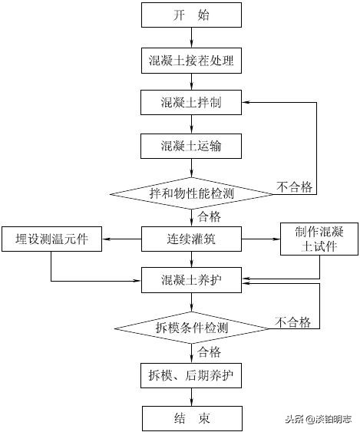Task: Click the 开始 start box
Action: tap(191, 15)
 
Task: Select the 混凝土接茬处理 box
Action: tap(191, 59)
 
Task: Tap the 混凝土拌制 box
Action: tap(191, 102)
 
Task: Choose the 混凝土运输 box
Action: tap(191, 145)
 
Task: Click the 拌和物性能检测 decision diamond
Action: tap(191, 192)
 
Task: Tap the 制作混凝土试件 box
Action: tap(319, 239)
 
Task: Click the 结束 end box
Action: tap(191, 419)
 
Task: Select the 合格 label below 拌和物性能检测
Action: tap(210, 216)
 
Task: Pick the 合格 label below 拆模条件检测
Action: tap(210, 352)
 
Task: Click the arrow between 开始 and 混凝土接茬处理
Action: tap(191, 37)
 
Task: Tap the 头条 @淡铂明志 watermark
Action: tap(319, 419)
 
